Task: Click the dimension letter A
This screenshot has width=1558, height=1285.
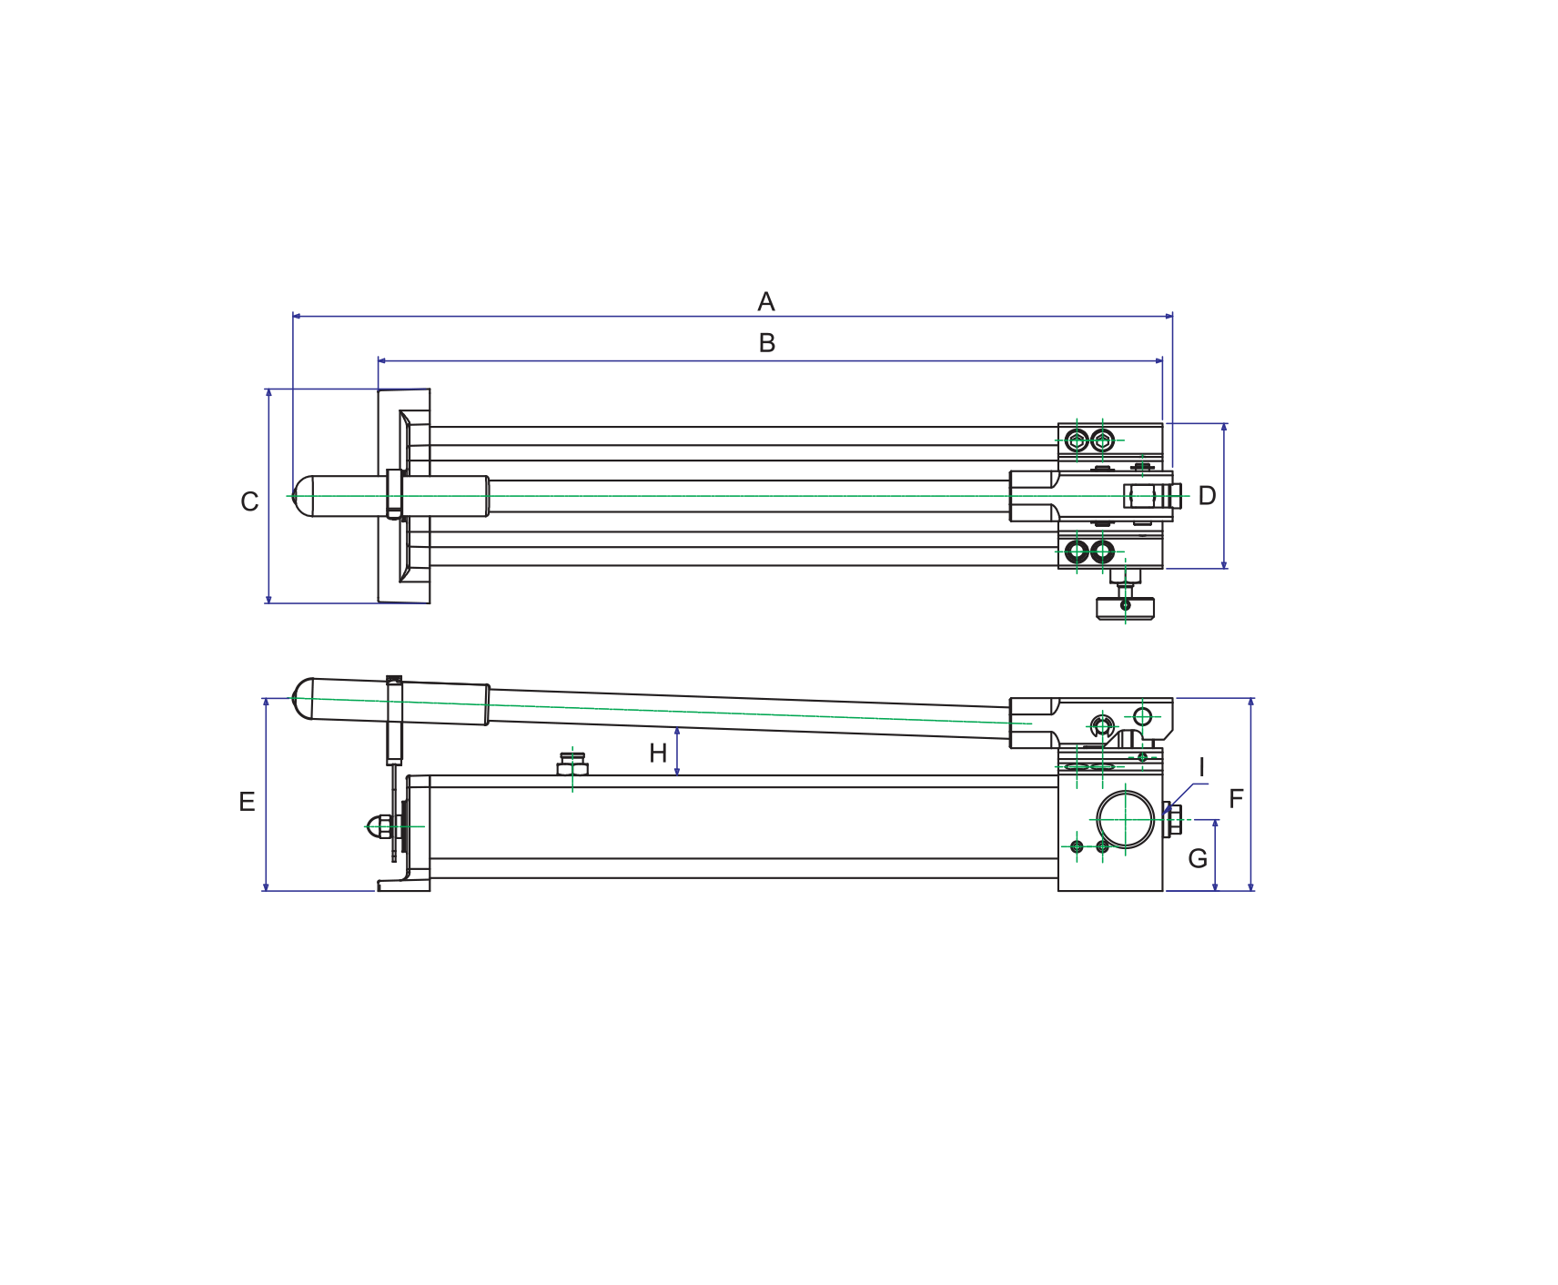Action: [766, 301]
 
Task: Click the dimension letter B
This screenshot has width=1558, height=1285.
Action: [767, 343]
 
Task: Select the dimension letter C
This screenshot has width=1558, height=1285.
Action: [249, 501]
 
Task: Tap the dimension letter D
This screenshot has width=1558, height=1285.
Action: [1207, 496]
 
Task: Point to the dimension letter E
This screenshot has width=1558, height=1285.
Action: [247, 802]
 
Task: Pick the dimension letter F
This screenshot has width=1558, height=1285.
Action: [1236, 799]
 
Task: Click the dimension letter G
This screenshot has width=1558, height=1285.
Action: [1198, 858]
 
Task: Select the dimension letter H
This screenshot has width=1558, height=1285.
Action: [658, 754]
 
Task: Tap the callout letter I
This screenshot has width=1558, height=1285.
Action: [1201, 768]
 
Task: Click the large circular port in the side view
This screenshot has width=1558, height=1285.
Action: [1126, 820]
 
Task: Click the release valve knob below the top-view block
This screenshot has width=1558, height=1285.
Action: [1126, 607]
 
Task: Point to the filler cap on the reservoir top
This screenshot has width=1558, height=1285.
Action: [572, 764]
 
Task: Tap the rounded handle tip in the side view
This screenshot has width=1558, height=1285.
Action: [301, 698]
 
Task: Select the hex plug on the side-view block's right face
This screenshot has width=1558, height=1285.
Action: [1172, 820]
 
